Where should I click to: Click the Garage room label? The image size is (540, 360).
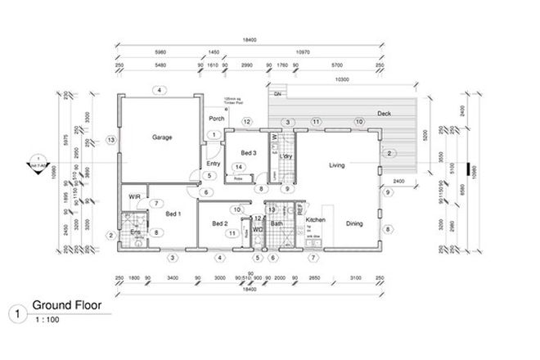161,137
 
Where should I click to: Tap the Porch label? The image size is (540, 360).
217,118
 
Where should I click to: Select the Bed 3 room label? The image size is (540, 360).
249,153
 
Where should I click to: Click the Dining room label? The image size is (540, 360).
353,223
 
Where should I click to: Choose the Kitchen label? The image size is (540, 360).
317,221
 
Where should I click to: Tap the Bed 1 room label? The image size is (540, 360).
173,214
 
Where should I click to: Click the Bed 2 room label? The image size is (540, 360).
219,223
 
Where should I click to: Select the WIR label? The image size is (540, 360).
133,196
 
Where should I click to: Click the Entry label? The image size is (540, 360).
213,164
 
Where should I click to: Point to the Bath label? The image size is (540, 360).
277,223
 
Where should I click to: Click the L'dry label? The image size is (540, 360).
286,155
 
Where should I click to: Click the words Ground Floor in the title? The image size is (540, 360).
65,307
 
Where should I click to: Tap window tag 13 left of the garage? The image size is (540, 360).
110,141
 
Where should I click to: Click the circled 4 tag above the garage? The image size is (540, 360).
160,89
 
